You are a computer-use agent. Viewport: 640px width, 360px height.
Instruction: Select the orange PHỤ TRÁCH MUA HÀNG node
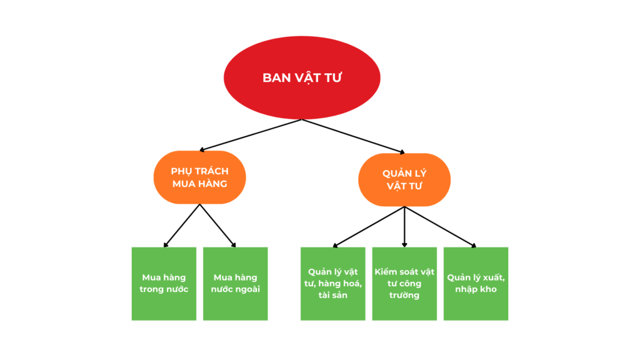199,177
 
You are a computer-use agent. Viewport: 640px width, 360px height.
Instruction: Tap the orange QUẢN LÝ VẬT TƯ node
404,180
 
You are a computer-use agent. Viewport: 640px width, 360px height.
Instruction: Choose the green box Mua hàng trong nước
164,284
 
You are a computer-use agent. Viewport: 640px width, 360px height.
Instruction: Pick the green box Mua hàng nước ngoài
236,284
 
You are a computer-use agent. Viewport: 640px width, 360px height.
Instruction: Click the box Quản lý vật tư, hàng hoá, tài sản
332,284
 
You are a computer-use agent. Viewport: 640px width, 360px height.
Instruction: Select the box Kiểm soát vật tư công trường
404,284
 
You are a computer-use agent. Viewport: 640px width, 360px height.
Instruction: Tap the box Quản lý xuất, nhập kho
476,284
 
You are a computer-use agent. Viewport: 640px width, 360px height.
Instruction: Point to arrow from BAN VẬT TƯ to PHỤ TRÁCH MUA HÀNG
250,135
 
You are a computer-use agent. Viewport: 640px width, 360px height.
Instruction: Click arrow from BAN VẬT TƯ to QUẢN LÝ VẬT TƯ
354,136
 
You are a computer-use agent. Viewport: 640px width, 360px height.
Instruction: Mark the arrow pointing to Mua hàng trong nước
182,225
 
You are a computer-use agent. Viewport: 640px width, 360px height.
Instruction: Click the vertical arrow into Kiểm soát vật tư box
404,226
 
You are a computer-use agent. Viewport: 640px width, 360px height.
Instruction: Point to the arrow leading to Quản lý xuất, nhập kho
440,226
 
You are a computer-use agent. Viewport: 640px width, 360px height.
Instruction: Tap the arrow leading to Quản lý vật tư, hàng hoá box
369,226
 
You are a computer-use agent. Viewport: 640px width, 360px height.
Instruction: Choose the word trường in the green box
404,295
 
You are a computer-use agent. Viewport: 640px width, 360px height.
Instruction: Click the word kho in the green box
487,289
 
